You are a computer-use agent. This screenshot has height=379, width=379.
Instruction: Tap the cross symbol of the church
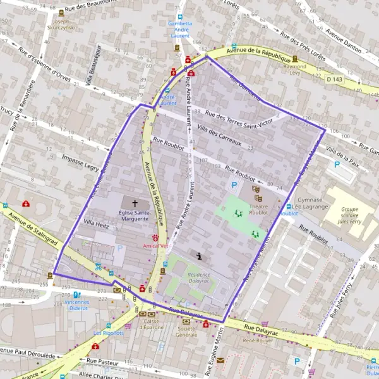coord(134,204)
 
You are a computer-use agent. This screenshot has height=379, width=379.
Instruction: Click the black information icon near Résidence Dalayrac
coord(200,256)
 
